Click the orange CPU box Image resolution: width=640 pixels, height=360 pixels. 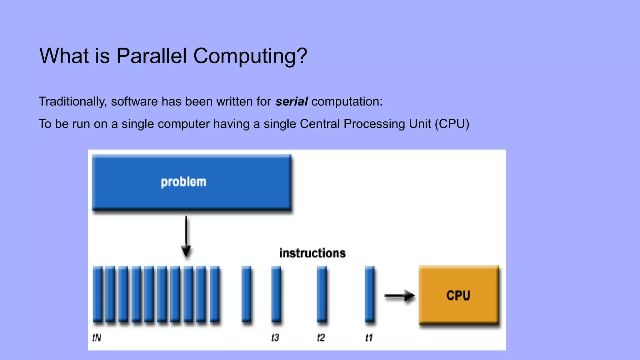(x=458, y=295)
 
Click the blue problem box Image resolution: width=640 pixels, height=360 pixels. (x=192, y=182)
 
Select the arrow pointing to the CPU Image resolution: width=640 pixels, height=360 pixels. (x=399, y=295)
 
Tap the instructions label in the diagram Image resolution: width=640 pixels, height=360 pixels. (x=312, y=253)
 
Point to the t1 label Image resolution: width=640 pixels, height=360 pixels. (x=369, y=337)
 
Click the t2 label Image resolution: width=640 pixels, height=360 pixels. (x=321, y=337)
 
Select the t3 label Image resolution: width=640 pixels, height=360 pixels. (x=275, y=337)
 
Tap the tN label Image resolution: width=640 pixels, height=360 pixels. (x=97, y=337)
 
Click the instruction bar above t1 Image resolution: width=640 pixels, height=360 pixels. (x=369, y=294)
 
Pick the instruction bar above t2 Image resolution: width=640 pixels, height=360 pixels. (x=322, y=294)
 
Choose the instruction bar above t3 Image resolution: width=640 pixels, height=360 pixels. (x=276, y=294)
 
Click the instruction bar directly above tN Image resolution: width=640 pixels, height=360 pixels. (x=97, y=294)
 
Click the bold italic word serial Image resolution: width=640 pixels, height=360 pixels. (x=291, y=102)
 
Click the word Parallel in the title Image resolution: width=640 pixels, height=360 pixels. (x=151, y=56)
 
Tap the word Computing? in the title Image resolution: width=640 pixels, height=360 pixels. (x=250, y=56)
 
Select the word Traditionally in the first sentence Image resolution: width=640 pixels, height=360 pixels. (x=72, y=102)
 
